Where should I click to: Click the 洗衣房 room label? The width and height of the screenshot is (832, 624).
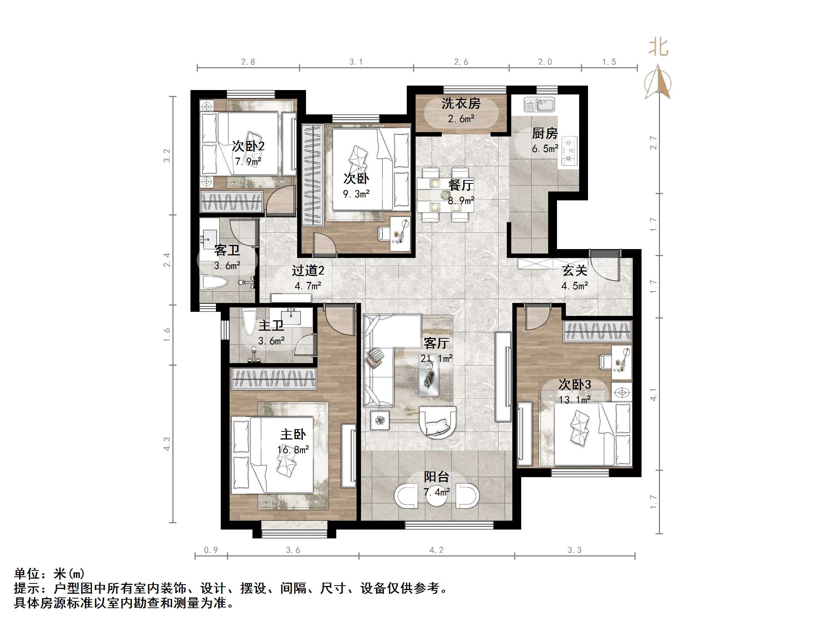pos(461,103)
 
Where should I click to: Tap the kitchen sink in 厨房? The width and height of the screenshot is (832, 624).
pos(539,105)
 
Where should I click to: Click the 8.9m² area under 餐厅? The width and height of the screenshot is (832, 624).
pos(461,200)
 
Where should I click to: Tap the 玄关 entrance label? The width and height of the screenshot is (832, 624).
pos(574,270)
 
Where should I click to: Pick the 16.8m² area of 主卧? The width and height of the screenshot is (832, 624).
pos(293,449)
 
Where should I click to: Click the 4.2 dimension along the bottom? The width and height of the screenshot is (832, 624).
pos(436,550)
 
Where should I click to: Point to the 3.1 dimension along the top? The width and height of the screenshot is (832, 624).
pos(356,62)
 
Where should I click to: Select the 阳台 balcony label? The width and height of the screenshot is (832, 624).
pos(436,477)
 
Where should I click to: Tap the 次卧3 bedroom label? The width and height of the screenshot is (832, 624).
pos(574,385)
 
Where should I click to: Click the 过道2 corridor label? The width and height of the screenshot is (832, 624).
pos(308,270)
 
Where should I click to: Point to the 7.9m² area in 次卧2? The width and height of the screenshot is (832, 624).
pos(248,162)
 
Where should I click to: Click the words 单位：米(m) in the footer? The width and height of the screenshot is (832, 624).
pos(49,573)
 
